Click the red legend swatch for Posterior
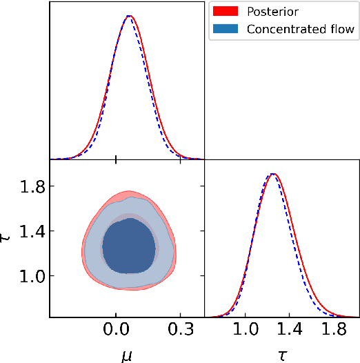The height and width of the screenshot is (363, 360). coord(226,12)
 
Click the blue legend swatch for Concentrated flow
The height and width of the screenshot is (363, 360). coord(226,28)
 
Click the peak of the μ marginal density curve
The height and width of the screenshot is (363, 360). coord(129,15)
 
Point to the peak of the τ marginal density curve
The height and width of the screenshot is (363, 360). coord(273,174)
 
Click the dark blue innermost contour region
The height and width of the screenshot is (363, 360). coord(128,245)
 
